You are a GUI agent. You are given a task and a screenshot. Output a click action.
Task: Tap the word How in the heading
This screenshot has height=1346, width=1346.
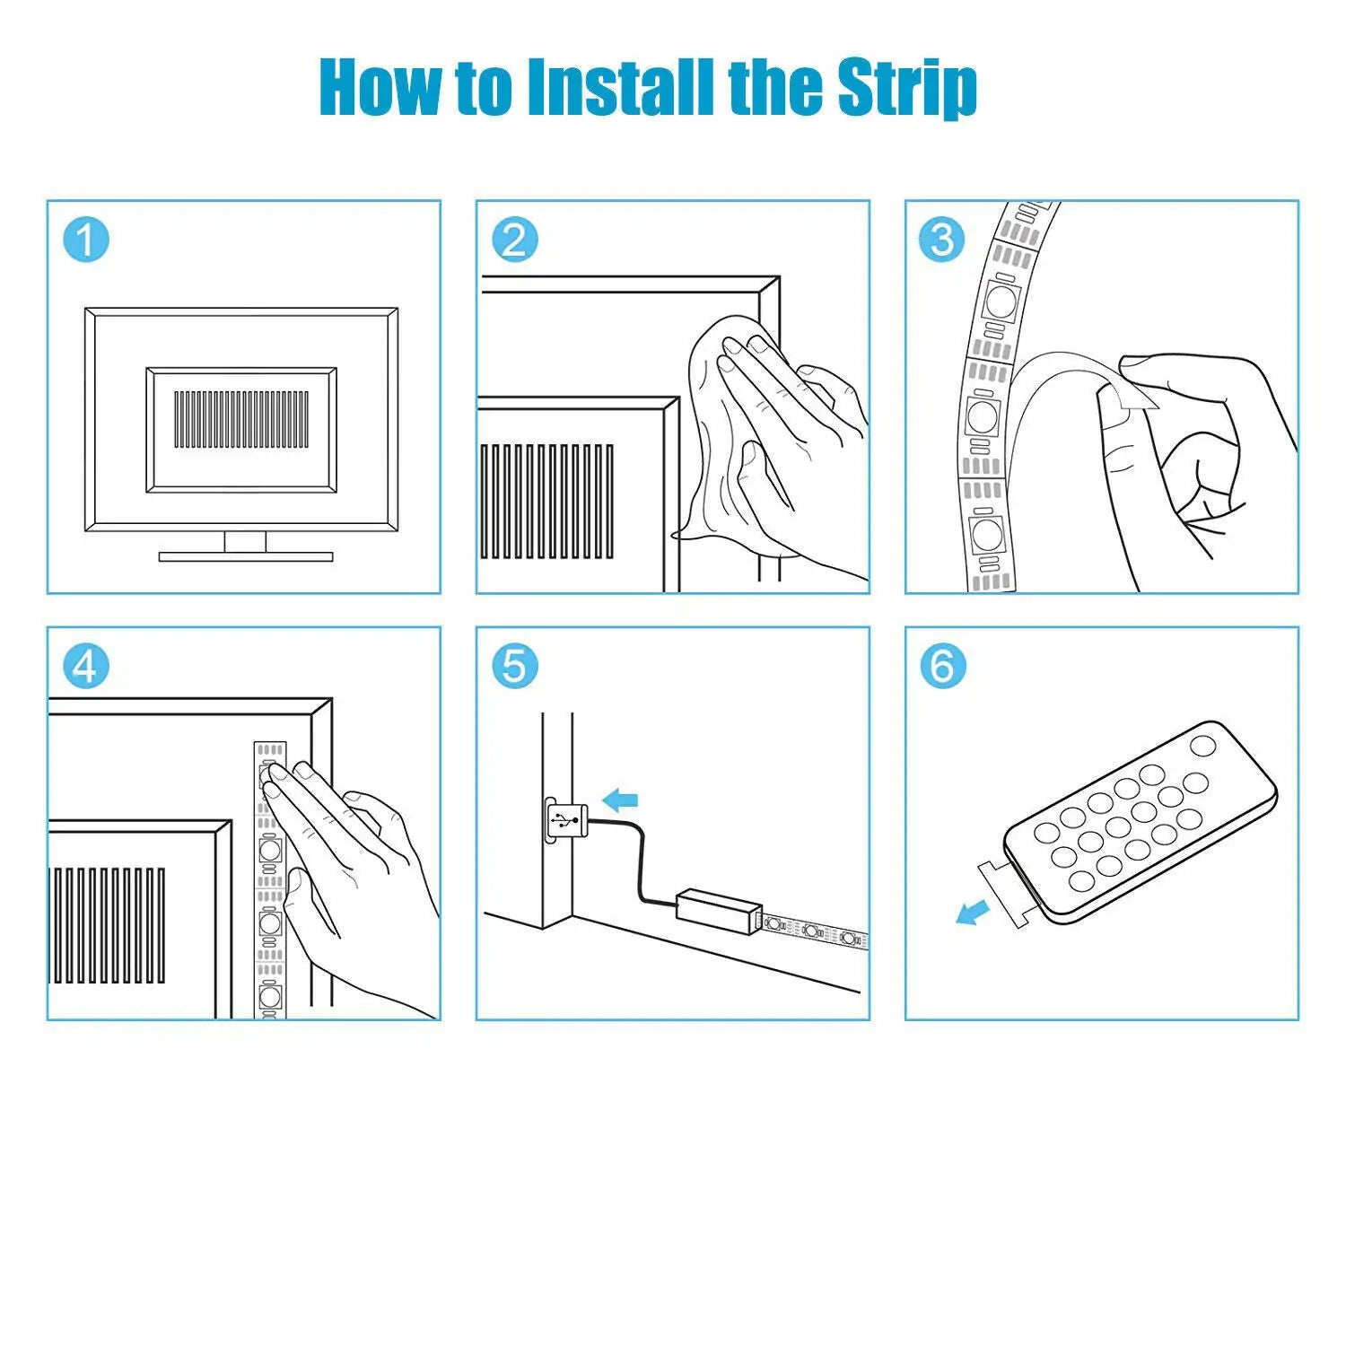[x=380, y=86]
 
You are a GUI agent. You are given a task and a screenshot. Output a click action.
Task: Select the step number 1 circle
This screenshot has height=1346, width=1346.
[x=85, y=240]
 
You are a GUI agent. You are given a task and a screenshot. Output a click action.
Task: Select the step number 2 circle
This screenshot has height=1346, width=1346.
[x=514, y=240]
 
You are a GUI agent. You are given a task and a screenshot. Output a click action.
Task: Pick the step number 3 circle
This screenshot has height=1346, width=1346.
[x=942, y=240]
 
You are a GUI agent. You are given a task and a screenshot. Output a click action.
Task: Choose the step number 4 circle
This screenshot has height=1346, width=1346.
[x=85, y=667]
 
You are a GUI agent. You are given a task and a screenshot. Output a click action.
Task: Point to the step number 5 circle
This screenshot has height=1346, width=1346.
[x=514, y=667]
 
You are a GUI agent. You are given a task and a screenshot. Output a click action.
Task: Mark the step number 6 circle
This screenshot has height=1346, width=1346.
[x=942, y=666]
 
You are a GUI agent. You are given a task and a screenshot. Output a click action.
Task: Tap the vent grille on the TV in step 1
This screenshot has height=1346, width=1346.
[x=241, y=419]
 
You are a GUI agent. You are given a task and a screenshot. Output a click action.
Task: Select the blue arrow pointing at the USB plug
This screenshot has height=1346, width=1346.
[x=619, y=800]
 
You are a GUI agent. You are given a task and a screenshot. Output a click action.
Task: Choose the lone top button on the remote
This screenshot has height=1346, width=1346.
[x=1202, y=746]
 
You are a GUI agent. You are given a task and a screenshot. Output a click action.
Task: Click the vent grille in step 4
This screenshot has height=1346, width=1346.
[x=109, y=924]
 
